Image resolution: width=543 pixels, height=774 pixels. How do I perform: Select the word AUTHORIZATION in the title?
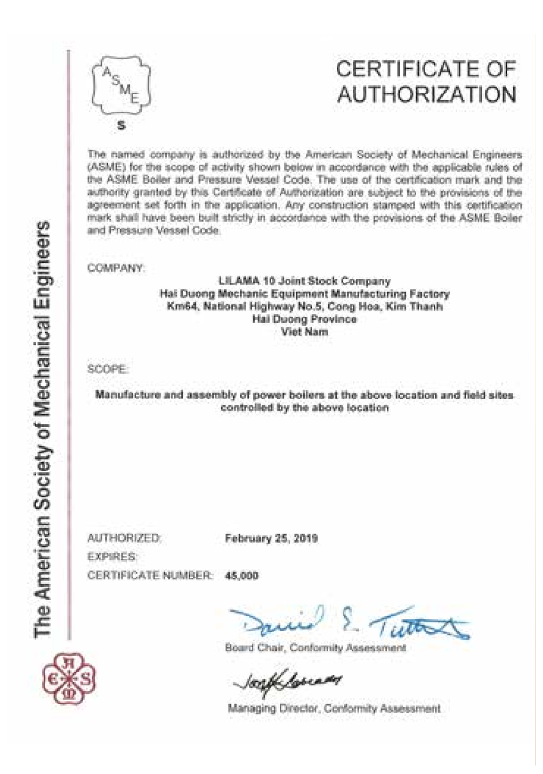coord(426,95)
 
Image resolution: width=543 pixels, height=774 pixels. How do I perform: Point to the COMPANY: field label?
coord(116,268)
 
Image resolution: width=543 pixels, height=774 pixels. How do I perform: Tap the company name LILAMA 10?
coord(240,280)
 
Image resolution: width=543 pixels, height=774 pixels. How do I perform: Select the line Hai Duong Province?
coord(304,319)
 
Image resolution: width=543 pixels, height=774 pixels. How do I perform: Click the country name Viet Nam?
coord(304,332)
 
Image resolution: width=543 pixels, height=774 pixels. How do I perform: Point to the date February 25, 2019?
coord(271,538)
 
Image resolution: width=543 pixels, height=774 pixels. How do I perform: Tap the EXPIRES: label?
coord(112,557)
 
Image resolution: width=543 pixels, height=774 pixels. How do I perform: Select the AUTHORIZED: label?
coord(124,538)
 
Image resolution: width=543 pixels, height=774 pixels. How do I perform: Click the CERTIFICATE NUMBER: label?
coord(150,576)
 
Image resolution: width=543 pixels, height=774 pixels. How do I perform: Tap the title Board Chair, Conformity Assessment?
coord(315,648)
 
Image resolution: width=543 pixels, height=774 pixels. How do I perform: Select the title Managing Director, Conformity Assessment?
coord(334,708)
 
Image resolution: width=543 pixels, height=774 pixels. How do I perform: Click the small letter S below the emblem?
coord(121,126)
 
